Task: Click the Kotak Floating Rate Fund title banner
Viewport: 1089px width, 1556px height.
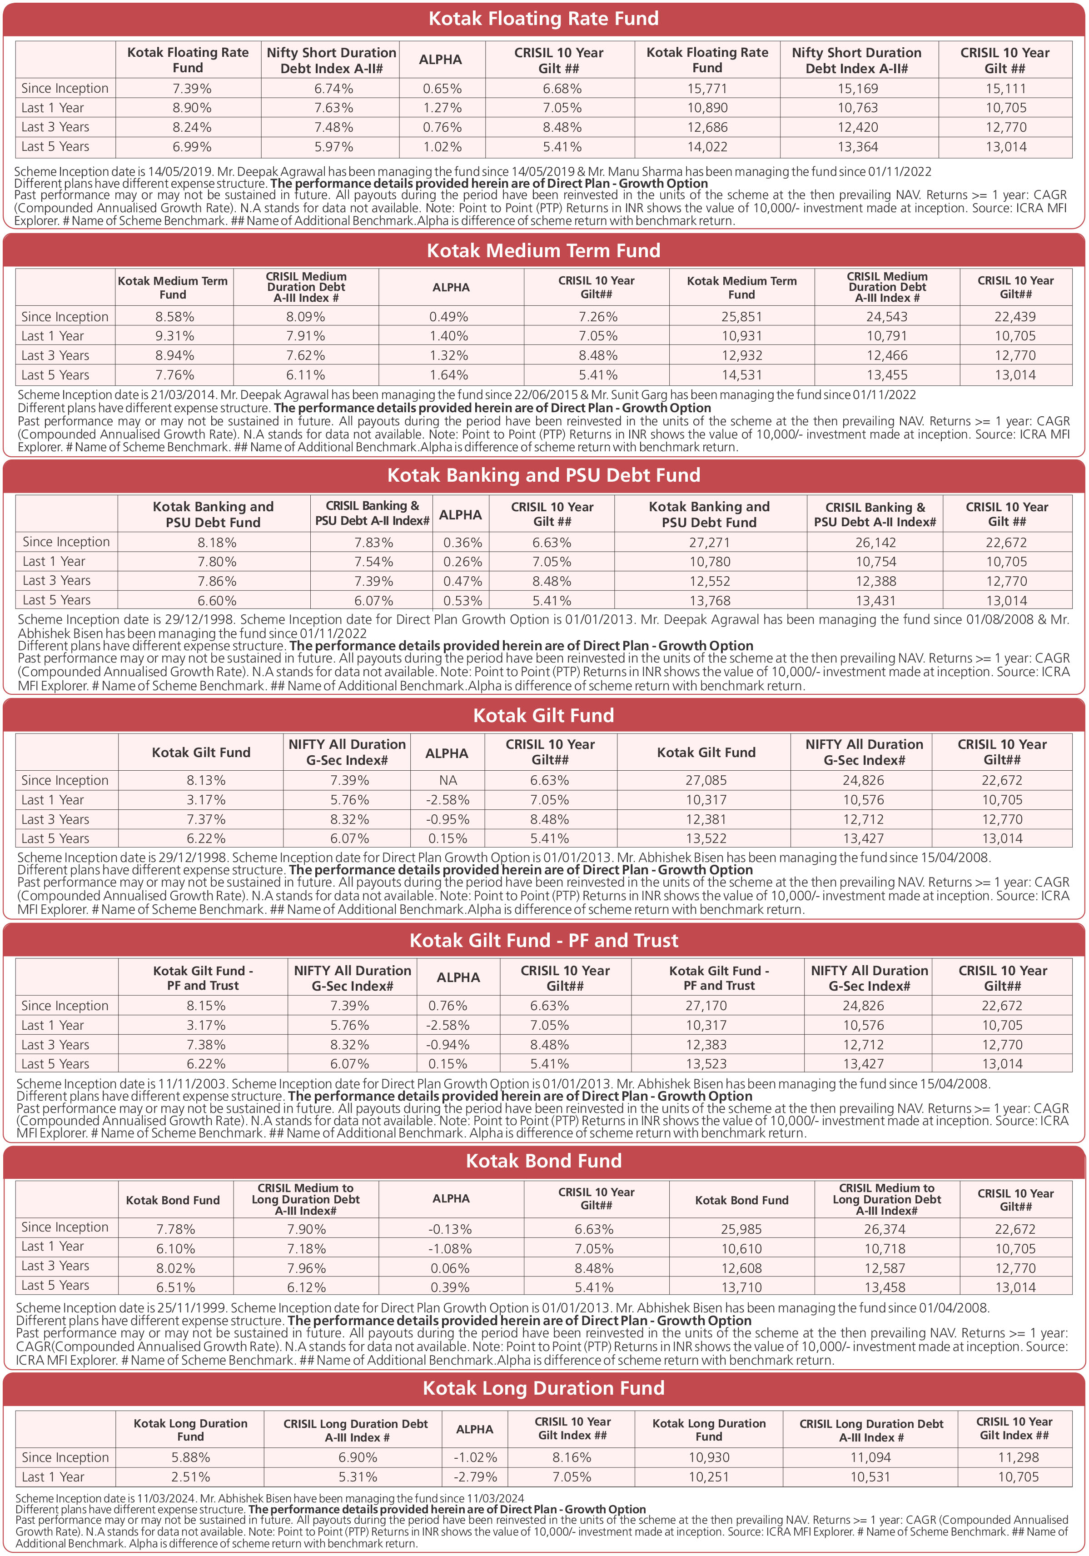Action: tap(543, 18)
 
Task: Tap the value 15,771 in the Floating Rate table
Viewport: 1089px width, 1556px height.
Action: tap(707, 89)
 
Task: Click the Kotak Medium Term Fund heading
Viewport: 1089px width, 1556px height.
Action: tap(543, 251)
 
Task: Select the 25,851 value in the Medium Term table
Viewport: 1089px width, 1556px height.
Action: tap(741, 316)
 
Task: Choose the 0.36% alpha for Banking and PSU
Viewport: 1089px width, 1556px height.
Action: tap(463, 542)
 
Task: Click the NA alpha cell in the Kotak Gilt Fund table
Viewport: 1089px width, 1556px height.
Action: tap(448, 780)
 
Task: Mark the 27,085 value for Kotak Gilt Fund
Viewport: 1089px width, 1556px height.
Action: tap(706, 780)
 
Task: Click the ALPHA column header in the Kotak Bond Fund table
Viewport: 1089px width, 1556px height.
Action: tap(451, 1198)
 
